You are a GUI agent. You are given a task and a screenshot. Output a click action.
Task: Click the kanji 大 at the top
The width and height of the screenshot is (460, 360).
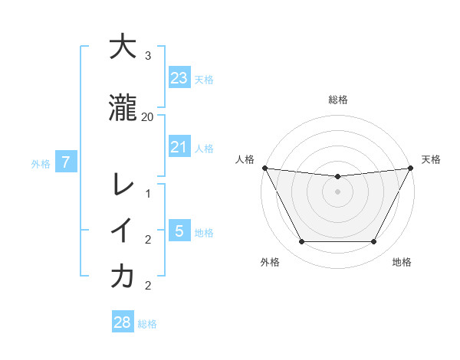tap(123, 47)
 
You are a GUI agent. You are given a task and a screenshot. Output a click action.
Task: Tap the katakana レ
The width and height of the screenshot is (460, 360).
tap(123, 184)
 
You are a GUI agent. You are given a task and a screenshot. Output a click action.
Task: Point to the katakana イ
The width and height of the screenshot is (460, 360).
tap(123, 231)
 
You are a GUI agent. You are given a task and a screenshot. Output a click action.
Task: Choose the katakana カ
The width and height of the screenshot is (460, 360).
tap(123, 277)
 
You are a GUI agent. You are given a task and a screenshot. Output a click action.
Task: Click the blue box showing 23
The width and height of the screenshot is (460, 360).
tap(179, 77)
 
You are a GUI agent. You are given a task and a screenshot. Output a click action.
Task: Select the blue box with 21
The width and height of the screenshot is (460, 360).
tap(179, 147)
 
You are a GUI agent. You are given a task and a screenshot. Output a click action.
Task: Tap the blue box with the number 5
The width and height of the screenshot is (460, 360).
tap(179, 231)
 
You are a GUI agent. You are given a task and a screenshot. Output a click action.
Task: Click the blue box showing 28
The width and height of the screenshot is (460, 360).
tap(122, 322)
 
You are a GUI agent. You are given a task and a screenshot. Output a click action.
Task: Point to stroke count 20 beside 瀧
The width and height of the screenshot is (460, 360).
tap(148, 117)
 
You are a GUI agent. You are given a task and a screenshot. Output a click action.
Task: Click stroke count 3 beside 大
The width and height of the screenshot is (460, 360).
tap(148, 56)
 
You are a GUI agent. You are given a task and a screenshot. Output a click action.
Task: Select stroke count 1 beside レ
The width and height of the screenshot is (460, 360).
tap(148, 194)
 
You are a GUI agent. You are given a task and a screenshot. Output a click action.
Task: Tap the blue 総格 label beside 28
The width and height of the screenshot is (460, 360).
tap(147, 324)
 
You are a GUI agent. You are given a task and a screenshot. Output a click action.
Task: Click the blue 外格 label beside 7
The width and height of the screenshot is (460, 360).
tap(41, 163)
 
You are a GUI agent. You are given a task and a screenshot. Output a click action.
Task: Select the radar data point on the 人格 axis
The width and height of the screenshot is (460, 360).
tap(264, 168)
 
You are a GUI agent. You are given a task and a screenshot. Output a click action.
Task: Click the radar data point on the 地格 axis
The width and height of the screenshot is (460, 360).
tap(374, 242)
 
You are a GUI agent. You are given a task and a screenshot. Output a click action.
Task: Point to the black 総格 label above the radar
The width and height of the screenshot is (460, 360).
tap(338, 100)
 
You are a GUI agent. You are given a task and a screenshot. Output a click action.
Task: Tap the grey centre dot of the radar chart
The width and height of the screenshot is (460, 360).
tap(338, 191)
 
